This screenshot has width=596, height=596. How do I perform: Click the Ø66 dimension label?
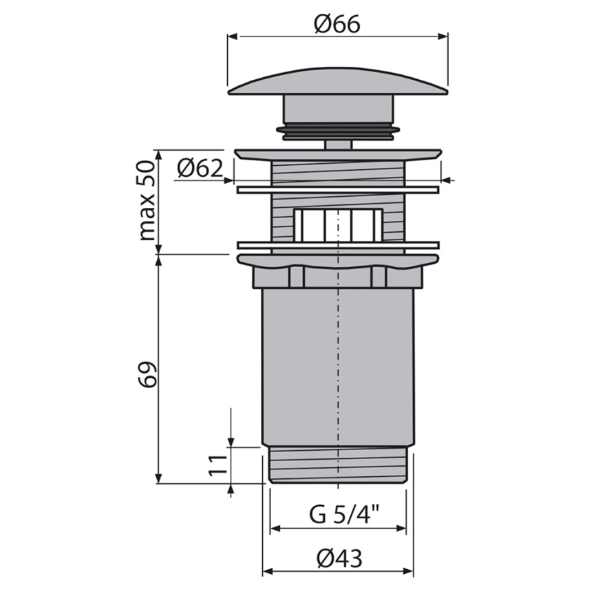(337, 25)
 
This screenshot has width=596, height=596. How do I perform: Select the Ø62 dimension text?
(200, 168)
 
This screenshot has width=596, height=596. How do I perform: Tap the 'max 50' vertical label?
(147, 200)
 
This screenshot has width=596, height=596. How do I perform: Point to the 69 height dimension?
(147, 374)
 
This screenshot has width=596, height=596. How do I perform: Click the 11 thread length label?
(217, 465)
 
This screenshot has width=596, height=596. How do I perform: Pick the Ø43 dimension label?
(339, 559)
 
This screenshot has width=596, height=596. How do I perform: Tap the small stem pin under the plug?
(338, 145)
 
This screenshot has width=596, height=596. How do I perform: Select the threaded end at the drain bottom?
(338, 465)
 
